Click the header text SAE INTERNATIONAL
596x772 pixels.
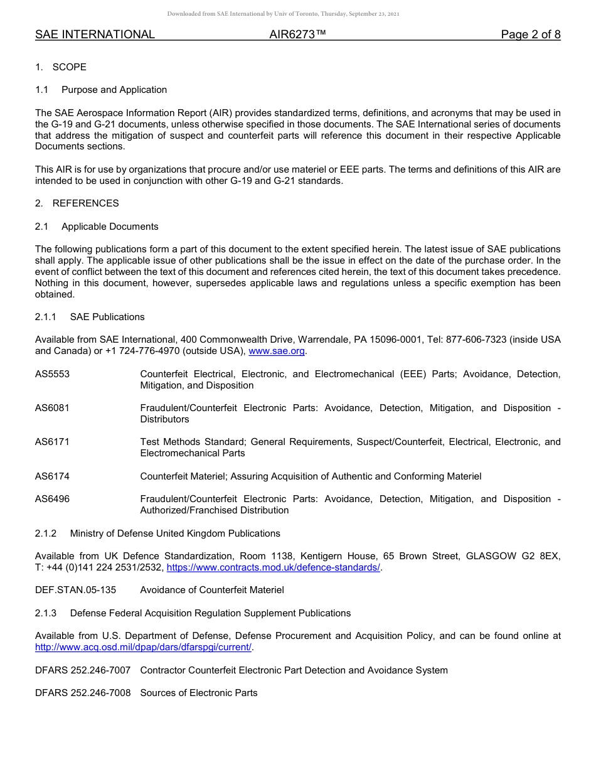coord(95,35)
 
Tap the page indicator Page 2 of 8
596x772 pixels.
coord(530,35)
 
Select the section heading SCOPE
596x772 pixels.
coord(69,67)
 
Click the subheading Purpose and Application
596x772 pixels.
coord(114,90)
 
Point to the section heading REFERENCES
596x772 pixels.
coord(85,203)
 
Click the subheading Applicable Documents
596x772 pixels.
coord(110,227)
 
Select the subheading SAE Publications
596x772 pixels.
coord(107,317)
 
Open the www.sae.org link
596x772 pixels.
coord(277,351)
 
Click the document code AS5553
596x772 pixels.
coord(53,374)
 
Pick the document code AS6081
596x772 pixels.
coord(53,408)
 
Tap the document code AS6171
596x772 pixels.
coord(53,442)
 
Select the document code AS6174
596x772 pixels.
coord(53,476)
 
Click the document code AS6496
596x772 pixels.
coord(53,499)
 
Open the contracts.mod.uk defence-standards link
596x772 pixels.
coord(274,567)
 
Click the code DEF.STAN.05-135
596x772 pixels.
coord(76,590)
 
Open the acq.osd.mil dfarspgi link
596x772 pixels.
coord(143,647)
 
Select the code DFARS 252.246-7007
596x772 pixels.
coord(83,670)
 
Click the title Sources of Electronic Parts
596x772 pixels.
coord(199,693)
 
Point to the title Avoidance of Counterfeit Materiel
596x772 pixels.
coord(212,590)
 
